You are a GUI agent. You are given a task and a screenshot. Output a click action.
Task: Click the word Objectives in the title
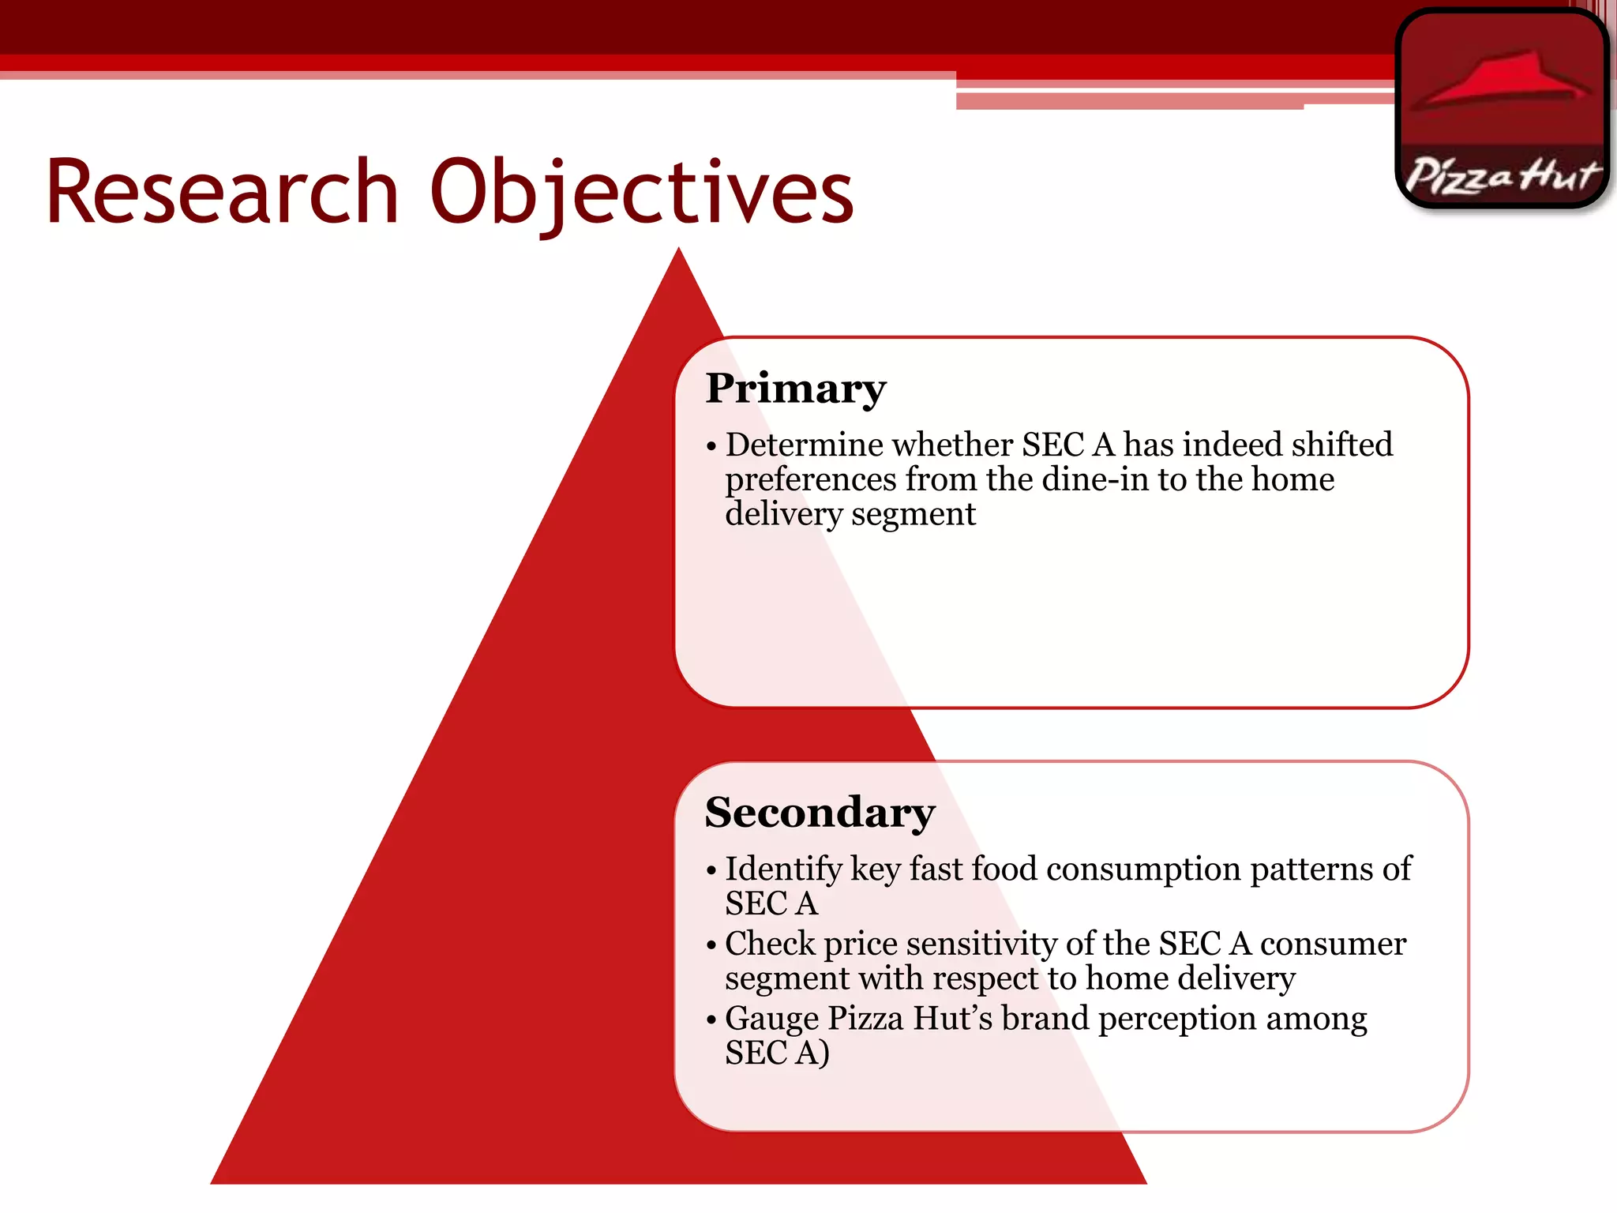pos(641,192)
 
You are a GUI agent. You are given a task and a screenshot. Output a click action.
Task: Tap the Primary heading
pos(795,389)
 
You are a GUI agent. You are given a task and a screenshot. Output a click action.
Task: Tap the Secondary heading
pos(820,813)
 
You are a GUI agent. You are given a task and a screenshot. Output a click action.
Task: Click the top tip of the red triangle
pos(678,251)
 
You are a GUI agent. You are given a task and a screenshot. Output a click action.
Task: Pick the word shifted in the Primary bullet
pos(1341,445)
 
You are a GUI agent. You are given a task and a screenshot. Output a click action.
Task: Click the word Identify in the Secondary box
pos(783,869)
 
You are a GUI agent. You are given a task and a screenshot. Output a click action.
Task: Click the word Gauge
pos(771,1020)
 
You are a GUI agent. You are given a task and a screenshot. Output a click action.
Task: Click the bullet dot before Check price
pos(711,944)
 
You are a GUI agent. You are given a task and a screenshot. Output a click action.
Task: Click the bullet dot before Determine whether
pos(711,446)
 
